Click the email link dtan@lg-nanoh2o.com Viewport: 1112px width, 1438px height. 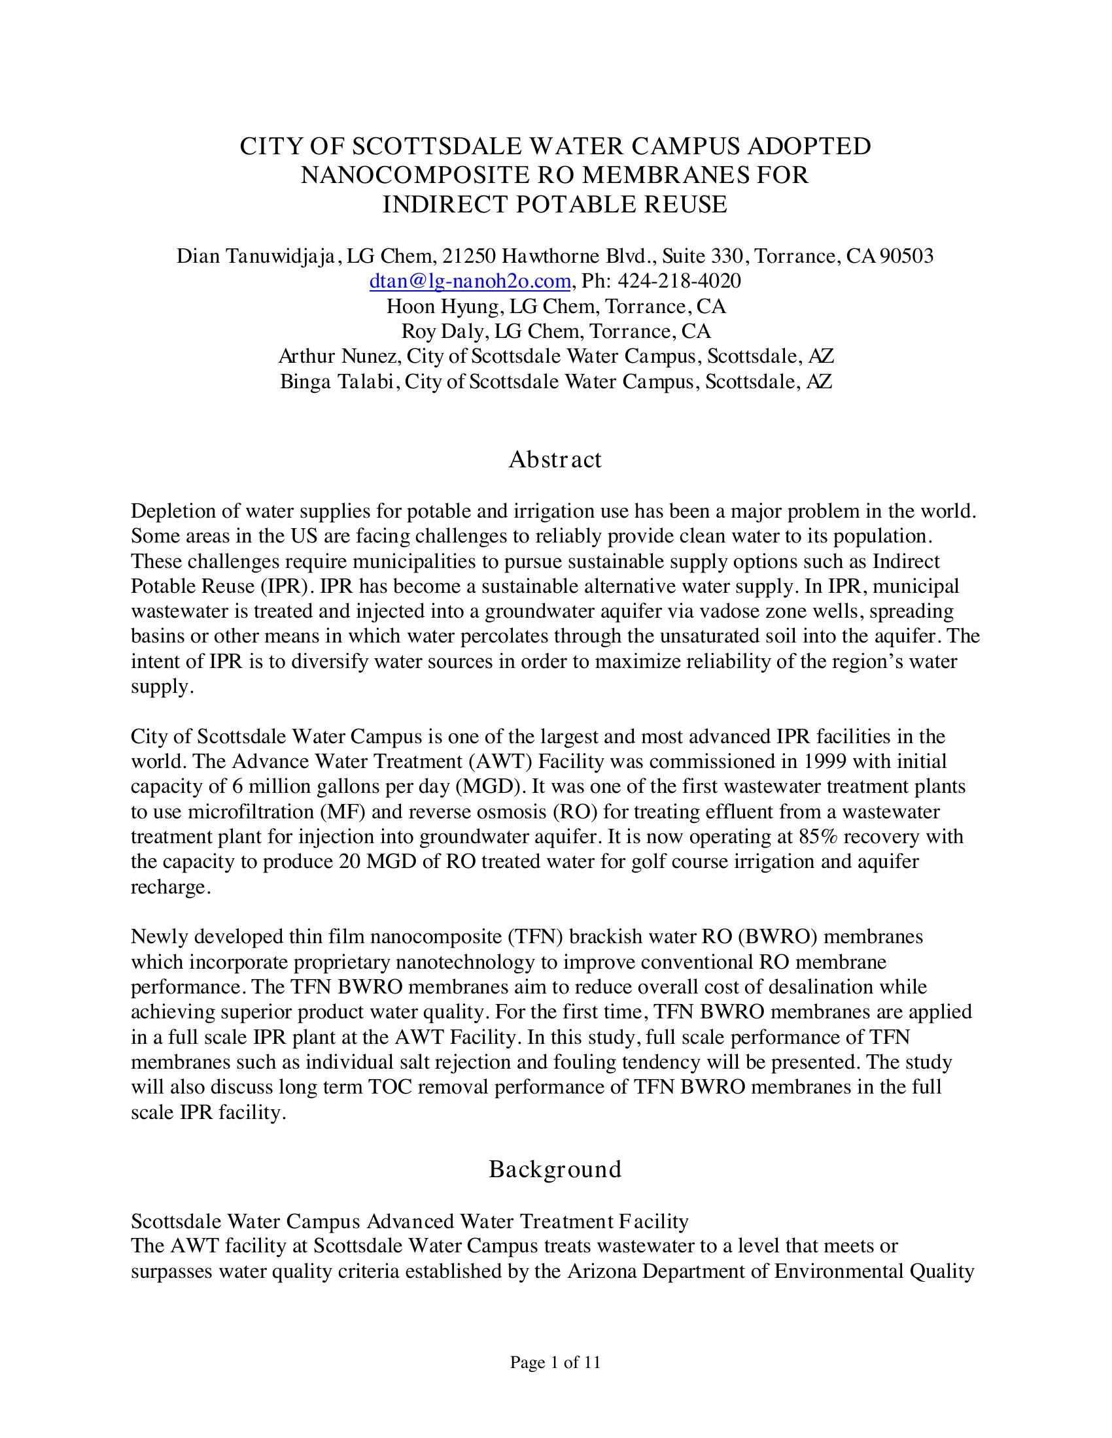[470, 281]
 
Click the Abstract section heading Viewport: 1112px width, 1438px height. [555, 459]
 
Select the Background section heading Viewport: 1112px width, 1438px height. [555, 1169]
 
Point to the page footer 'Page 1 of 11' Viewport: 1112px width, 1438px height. [555, 1362]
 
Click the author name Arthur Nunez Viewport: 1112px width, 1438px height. [338, 356]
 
